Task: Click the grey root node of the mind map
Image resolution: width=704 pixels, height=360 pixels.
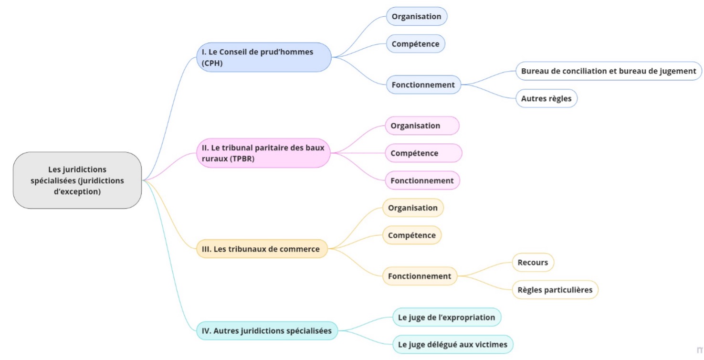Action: point(77,180)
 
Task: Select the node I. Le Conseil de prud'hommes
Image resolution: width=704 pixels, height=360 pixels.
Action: point(264,57)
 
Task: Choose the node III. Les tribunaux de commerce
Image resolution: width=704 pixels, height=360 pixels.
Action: point(262,249)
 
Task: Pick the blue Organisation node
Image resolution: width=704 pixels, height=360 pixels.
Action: point(416,16)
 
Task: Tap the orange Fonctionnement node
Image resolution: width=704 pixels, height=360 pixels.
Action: point(420,276)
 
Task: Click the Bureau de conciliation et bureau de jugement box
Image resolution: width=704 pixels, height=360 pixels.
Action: point(609,71)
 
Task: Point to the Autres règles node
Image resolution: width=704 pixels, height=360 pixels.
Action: point(546,98)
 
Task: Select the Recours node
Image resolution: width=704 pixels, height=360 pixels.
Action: point(533,263)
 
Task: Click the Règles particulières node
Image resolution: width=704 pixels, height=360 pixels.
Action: point(555,290)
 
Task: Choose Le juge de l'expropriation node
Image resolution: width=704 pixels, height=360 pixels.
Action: point(447,317)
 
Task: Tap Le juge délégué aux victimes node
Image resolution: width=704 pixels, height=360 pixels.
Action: point(453,344)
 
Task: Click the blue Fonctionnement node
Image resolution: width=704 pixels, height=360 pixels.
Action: point(423,85)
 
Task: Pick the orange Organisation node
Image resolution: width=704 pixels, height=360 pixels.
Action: point(412,208)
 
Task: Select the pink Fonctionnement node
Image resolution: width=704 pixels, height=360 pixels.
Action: point(422,180)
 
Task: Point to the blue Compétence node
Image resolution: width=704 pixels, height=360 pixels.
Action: point(415,44)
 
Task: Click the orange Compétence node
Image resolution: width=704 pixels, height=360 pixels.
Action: point(411,235)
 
